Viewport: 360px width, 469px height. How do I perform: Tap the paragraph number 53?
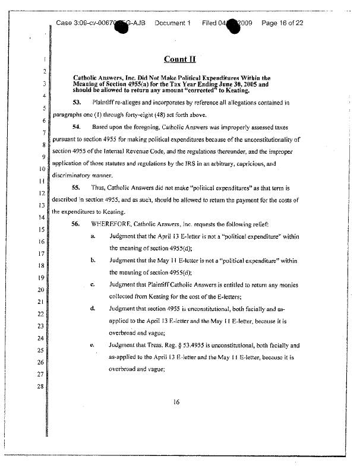tap(76, 103)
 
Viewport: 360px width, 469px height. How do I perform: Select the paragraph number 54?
tap(76, 128)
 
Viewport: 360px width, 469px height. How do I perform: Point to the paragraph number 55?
tap(76, 186)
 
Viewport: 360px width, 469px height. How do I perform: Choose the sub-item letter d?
tap(93, 309)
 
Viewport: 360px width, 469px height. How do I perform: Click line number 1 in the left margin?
tap(44, 60)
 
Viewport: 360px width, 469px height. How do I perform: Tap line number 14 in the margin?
tap(42, 217)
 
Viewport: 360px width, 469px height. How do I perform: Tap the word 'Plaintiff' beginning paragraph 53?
tap(103, 103)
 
